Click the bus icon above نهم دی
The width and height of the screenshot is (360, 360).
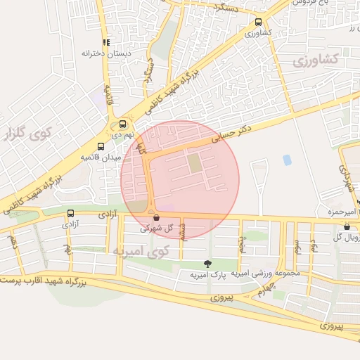(x=123, y=121)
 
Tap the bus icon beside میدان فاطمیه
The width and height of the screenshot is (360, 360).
(x=101, y=147)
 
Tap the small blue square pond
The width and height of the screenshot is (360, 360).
(x=287, y=160)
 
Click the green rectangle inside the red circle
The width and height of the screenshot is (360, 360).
(x=193, y=164)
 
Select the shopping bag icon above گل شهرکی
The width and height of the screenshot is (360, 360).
(x=156, y=218)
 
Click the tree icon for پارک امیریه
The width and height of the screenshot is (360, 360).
(x=207, y=264)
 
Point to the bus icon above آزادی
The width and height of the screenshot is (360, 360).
(x=70, y=213)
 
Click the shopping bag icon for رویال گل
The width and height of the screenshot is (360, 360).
(x=347, y=226)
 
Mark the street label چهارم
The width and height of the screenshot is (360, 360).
(x=262, y=289)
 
